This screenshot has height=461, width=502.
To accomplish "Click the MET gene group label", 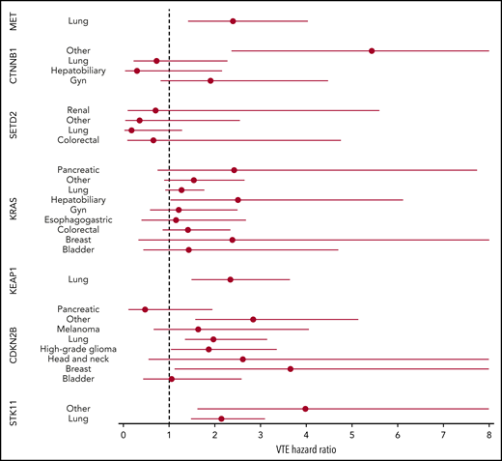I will tap(14, 21).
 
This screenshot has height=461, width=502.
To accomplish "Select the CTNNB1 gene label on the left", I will tap(14, 66).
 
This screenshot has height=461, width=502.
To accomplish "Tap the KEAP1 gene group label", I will tap(14, 279).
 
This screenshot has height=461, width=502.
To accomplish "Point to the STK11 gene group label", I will tap(14, 414).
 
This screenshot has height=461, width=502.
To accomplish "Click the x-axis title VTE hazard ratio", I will tap(306, 450).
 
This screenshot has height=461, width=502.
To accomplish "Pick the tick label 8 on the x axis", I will tap(488, 436).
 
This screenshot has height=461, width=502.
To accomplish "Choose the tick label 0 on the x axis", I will tap(124, 436).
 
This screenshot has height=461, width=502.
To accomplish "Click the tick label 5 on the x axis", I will tap(351, 436).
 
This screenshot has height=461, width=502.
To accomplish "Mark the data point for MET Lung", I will tap(233, 21).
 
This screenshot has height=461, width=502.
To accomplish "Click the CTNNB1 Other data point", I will tap(372, 50).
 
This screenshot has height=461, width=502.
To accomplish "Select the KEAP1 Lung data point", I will tap(230, 279).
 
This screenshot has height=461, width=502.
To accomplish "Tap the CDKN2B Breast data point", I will tap(291, 369).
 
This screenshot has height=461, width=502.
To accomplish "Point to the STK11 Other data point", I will tap(305, 409).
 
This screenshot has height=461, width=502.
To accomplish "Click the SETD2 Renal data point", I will tap(155, 110).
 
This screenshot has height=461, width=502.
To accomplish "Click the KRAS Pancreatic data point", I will tap(235, 170).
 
